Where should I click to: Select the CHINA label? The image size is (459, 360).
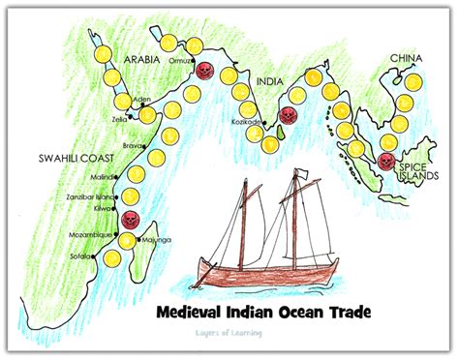point(406,59)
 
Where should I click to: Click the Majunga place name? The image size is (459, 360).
point(158,238)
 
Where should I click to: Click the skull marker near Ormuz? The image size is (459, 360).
point(203,70)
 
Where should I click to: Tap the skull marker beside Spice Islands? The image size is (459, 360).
point(386,161)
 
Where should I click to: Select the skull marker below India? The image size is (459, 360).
point(286,115)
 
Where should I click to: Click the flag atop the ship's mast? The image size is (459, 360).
point(303,174)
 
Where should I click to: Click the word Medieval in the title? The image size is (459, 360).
point(198,314)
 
